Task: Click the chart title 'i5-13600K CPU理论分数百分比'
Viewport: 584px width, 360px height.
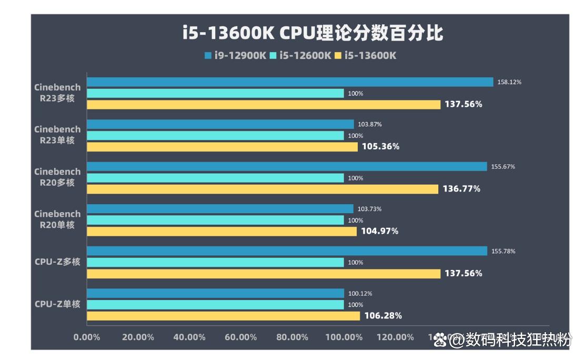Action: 313,33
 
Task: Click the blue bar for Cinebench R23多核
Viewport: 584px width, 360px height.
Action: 290,82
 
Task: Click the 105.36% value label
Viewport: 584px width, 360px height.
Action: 380,147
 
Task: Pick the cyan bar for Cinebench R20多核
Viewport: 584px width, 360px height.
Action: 215,178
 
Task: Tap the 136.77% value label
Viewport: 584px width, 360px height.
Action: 461,189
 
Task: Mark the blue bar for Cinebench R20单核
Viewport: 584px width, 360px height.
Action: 220,209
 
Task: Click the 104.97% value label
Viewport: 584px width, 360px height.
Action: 379,231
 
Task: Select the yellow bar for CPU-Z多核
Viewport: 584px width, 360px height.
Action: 263,274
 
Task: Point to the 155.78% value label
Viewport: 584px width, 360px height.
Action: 504,252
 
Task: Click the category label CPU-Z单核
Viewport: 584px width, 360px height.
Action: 57,304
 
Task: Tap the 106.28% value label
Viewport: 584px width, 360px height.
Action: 382,316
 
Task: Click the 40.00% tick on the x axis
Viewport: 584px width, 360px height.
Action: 189,337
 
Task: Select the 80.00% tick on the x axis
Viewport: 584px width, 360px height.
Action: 292,337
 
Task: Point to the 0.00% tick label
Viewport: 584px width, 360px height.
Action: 87,337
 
